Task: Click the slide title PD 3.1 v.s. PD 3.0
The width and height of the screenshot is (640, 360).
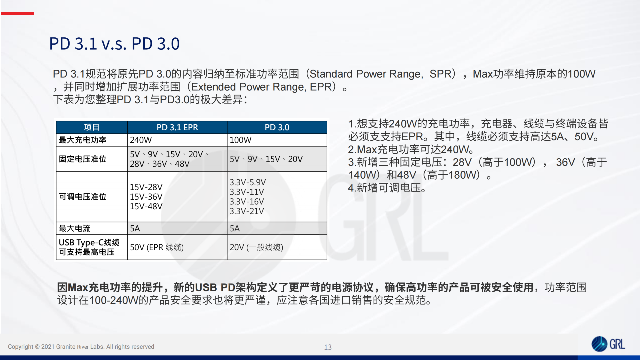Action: pos(114,44)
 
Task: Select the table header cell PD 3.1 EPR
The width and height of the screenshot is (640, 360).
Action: pos(177,127)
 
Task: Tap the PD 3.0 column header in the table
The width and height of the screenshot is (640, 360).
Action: pos(277,127)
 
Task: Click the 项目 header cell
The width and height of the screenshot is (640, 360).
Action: pos(92,127)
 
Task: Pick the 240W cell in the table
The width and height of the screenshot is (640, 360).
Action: pos(141,140)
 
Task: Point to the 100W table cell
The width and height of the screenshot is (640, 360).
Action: pos(240,140)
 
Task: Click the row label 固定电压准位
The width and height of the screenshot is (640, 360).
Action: pos(83,159)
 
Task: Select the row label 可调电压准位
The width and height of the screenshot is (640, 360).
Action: pos(83,197)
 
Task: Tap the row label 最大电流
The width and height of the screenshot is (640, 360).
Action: pos(75,228)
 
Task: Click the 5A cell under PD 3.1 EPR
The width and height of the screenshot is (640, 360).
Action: pos(135,228)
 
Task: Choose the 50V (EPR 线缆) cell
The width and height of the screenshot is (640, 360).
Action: pos(157,247)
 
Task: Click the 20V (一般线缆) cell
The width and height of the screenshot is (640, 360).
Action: pos(256,247)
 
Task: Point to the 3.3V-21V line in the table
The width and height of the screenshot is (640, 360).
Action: pos(247,211)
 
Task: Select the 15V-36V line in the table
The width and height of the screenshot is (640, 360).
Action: pos(146,197)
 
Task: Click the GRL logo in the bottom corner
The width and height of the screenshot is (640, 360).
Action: pos(608,344)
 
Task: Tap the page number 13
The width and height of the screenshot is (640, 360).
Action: pos(328,347)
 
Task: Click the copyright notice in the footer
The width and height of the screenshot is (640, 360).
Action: pos(81,347)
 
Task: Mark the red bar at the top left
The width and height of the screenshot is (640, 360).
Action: pos(18,13)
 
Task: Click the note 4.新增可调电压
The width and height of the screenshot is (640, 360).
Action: pos(387,188)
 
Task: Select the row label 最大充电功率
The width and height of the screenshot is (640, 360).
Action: pos(83,140)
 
